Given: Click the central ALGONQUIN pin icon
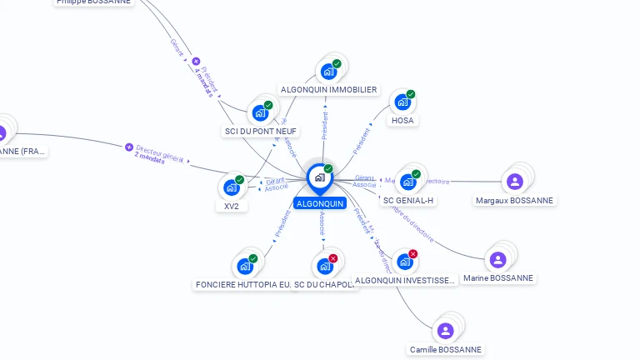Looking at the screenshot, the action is point(319,177).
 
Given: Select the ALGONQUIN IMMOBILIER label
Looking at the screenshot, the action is point(328,90).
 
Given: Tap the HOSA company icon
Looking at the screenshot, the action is point(402,102).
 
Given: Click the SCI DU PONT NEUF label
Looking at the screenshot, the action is point(261,131).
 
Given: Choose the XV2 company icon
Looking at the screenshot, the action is point(231,187).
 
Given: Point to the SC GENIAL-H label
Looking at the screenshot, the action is point(408,200).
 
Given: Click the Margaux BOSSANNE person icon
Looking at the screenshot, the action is point(514,181).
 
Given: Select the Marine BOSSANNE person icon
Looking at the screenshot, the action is point(497,259).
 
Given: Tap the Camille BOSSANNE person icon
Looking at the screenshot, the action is point(446,331).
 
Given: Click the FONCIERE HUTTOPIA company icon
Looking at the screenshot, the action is point(244,266).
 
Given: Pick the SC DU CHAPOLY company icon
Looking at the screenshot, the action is point(324,266).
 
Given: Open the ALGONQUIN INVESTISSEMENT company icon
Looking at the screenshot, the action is point(404,262).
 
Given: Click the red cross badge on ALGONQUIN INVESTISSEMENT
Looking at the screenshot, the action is point(412,253).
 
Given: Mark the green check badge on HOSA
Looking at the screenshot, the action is point(411,94).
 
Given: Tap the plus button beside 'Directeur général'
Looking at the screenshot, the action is point(129,147).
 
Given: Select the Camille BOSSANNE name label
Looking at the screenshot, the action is point(446,350).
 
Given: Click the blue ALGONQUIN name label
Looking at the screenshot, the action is point(319,203).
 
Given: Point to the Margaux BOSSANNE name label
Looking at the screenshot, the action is point(514,200).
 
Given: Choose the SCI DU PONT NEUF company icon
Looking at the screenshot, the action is point(260,113).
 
